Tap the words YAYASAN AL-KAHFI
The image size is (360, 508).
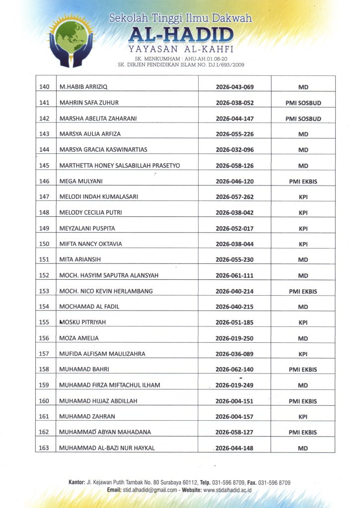click(x=181, y=49)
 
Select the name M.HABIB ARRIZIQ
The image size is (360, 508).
click(x=83, y=87)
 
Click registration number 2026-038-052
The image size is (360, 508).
click(x=235, y=103)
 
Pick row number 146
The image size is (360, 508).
click(x=44, y=182)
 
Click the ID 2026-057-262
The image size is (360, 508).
click(x=235, y=197)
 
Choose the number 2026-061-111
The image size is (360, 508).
click(x=235, y=275)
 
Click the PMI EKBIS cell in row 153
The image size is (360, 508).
click(x=303, y=291)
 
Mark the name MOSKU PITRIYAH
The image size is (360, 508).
click(x=82, y=322)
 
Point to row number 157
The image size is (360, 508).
click(x=44, y=354)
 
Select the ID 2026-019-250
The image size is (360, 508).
click(x=235, y=338)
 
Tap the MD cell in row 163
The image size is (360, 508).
click(x=303, y=448)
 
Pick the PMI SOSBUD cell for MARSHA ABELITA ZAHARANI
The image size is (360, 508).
click(x=303, y=119)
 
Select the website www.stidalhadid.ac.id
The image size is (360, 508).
click(x=227, y=490)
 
